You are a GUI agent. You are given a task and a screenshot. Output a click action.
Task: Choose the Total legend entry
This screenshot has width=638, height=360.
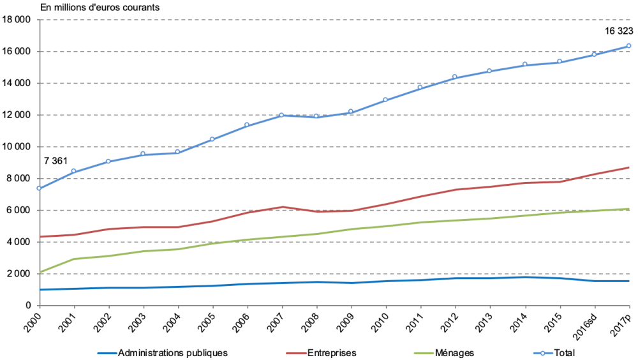pos(562,352)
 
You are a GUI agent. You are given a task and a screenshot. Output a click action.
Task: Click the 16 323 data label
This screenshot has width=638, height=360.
pos(619,31)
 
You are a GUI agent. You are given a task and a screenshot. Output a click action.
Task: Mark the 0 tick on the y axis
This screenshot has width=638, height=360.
pos(29,306)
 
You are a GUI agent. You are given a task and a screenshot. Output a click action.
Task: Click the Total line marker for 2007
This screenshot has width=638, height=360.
pos(281,115)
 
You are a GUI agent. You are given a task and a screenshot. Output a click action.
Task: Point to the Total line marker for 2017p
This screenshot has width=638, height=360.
pos(628,46)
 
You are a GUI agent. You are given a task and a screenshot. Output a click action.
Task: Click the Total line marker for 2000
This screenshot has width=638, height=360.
pos(40,188)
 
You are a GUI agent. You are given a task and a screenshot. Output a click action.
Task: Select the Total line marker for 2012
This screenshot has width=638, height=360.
pos(455,77)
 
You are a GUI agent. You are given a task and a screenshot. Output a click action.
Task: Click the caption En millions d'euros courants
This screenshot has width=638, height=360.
pos(100,8)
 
